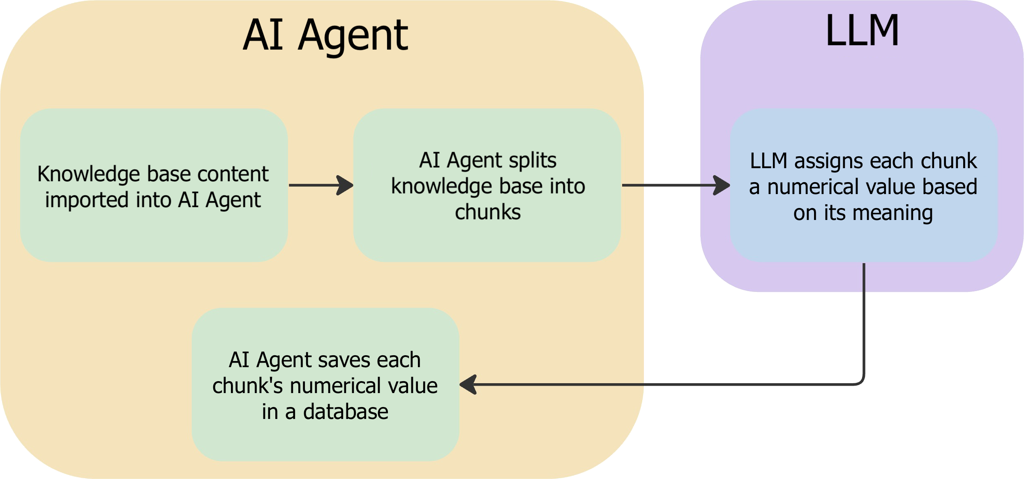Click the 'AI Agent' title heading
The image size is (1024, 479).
[325, 36]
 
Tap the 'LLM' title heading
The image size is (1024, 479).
[862, 30]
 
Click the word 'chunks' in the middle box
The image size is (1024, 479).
[488, 212]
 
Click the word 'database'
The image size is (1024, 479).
[346, 412]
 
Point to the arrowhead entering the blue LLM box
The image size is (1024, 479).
[722, 185]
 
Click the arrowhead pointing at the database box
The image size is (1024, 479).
[468, 385]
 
